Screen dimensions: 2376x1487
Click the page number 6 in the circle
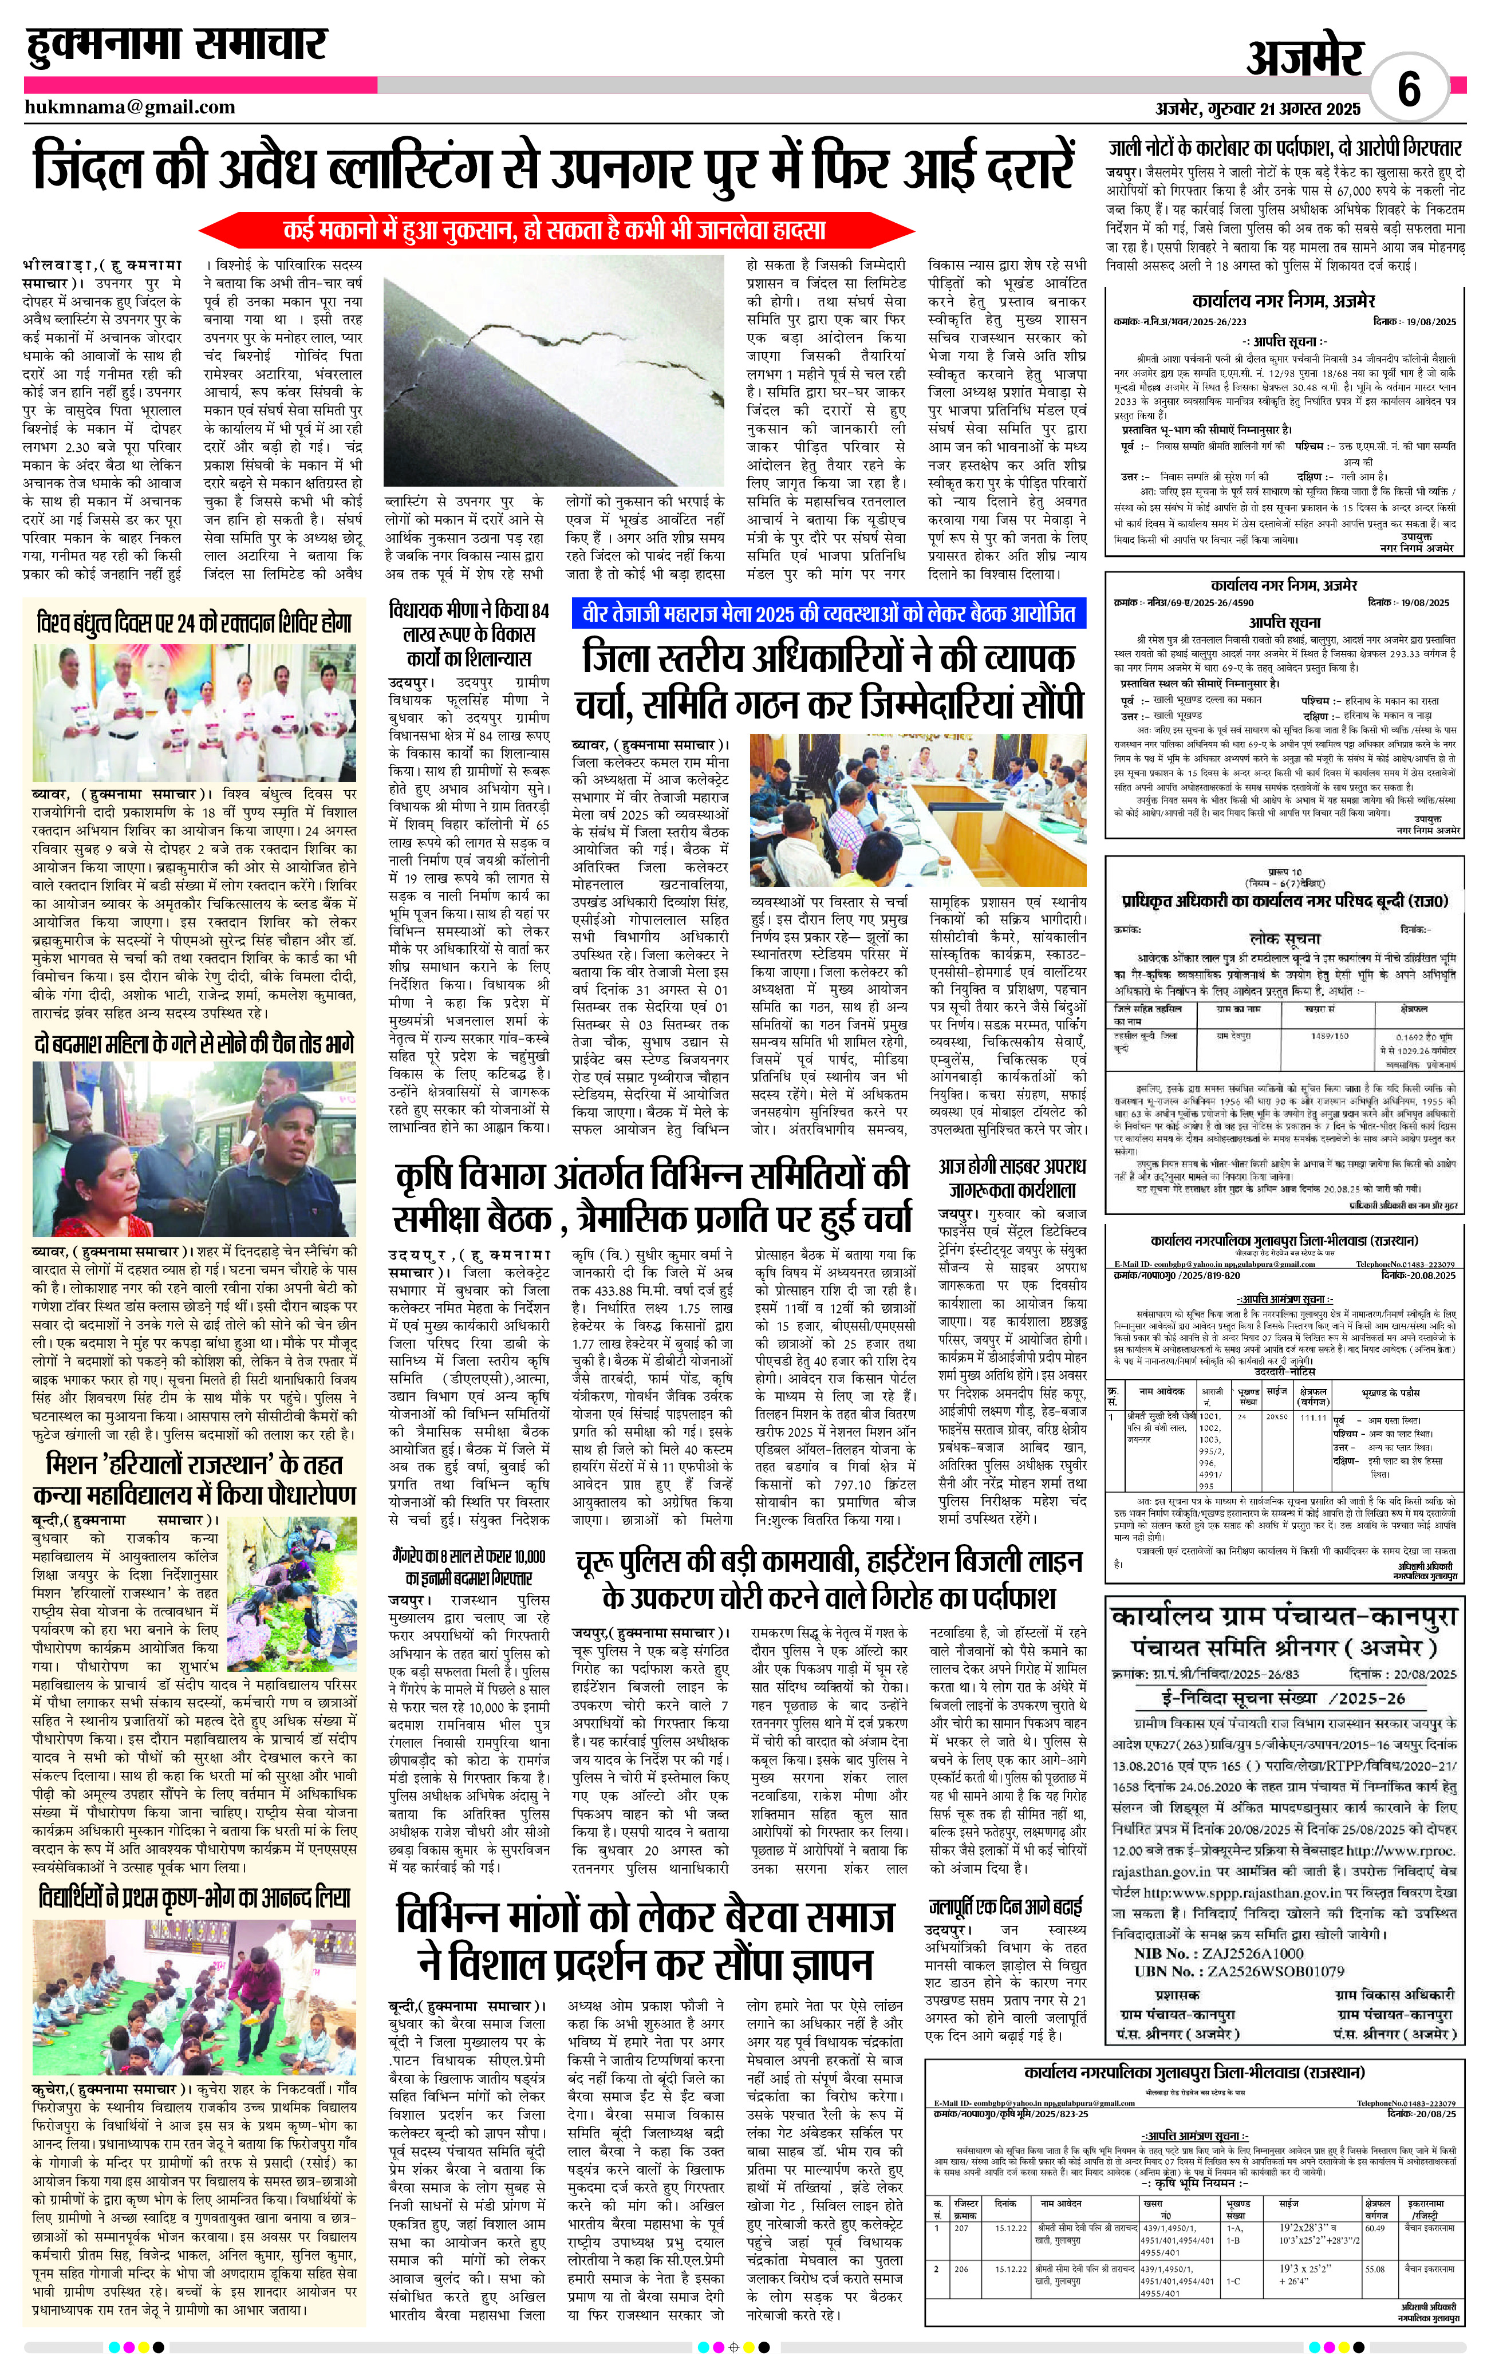[x=1409, y=90]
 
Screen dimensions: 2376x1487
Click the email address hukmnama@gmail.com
[x=130, y=107]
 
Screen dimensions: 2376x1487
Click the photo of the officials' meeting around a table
[x=918, y=810]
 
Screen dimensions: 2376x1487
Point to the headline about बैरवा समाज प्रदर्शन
[x=645, y=1939]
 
